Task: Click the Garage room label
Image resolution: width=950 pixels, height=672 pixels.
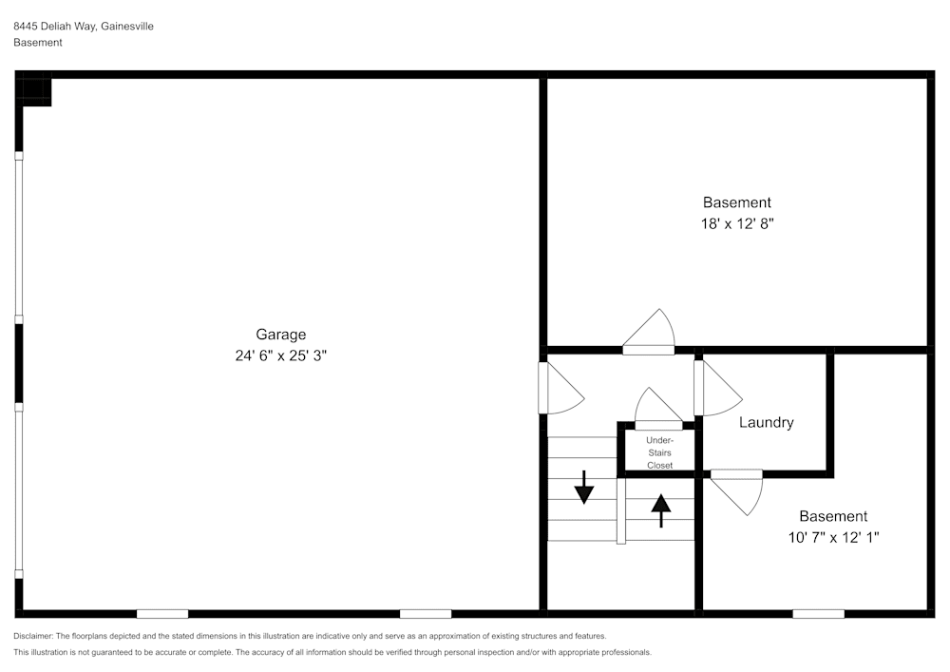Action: pos(280,334)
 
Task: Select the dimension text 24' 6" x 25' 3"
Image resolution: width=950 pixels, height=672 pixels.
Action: pos(280,355)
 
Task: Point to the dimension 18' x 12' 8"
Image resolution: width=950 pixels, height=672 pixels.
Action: pos(736,224)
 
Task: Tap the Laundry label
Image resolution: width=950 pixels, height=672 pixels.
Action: pos(766,422)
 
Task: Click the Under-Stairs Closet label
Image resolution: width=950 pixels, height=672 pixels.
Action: pos(659,452)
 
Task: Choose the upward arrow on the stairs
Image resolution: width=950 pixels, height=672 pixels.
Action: pos(659,510)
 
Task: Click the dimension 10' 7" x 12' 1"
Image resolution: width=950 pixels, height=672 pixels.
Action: pos(832,537)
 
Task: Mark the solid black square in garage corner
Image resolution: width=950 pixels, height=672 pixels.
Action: pos(35,92)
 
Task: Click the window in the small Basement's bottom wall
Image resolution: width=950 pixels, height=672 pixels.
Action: pos(818,613)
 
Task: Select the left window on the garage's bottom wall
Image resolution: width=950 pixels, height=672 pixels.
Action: pos(162,613)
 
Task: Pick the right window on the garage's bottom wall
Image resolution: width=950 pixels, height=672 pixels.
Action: pos(425,613)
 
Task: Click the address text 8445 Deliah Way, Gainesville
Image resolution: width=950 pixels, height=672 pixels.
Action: pos(84,27)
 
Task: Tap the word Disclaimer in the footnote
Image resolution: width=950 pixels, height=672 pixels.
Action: pos(33,636)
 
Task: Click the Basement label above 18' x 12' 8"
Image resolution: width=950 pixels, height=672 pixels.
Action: pos(736,202)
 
